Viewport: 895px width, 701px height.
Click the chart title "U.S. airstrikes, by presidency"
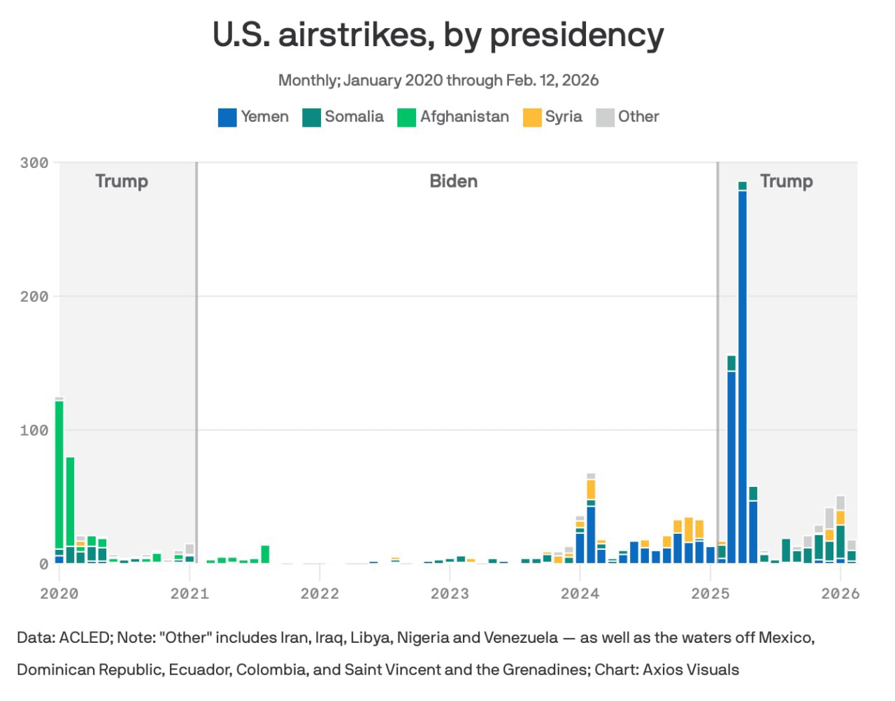438,35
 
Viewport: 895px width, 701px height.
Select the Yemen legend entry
253,117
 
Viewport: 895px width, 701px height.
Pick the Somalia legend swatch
311,118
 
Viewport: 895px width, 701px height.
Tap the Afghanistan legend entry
453,117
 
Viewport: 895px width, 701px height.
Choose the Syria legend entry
552,117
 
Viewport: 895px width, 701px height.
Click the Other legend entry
627,117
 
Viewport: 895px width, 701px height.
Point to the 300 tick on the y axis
34,163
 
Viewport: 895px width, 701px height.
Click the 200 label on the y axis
34,297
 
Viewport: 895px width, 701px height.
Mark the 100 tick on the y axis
34,430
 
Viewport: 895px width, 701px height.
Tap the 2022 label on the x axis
320,594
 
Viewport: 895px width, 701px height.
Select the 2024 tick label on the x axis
580,594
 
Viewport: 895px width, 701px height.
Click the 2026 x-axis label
840,594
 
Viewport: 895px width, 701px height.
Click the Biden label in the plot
453,181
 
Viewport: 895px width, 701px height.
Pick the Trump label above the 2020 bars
122,181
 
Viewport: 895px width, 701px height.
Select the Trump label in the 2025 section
786,181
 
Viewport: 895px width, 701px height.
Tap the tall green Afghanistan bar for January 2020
59,476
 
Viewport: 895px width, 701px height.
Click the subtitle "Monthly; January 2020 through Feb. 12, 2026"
438,80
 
